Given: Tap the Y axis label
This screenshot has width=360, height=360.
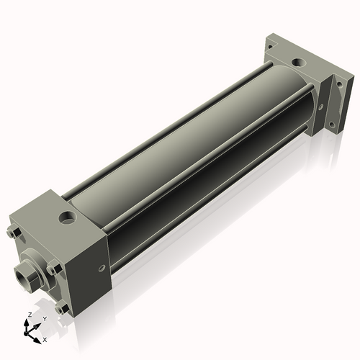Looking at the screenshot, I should click(45, 318).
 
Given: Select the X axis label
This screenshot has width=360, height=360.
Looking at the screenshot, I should click(45, 338).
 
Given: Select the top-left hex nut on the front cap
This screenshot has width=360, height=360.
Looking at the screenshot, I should click(14, 233).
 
